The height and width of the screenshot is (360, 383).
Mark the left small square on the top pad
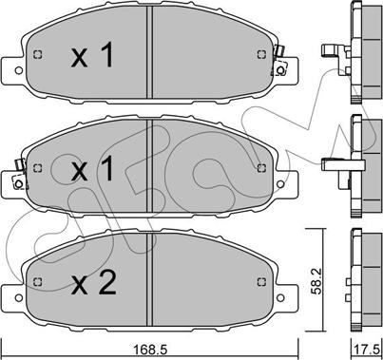pyautogui.click(x=36, y=54)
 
